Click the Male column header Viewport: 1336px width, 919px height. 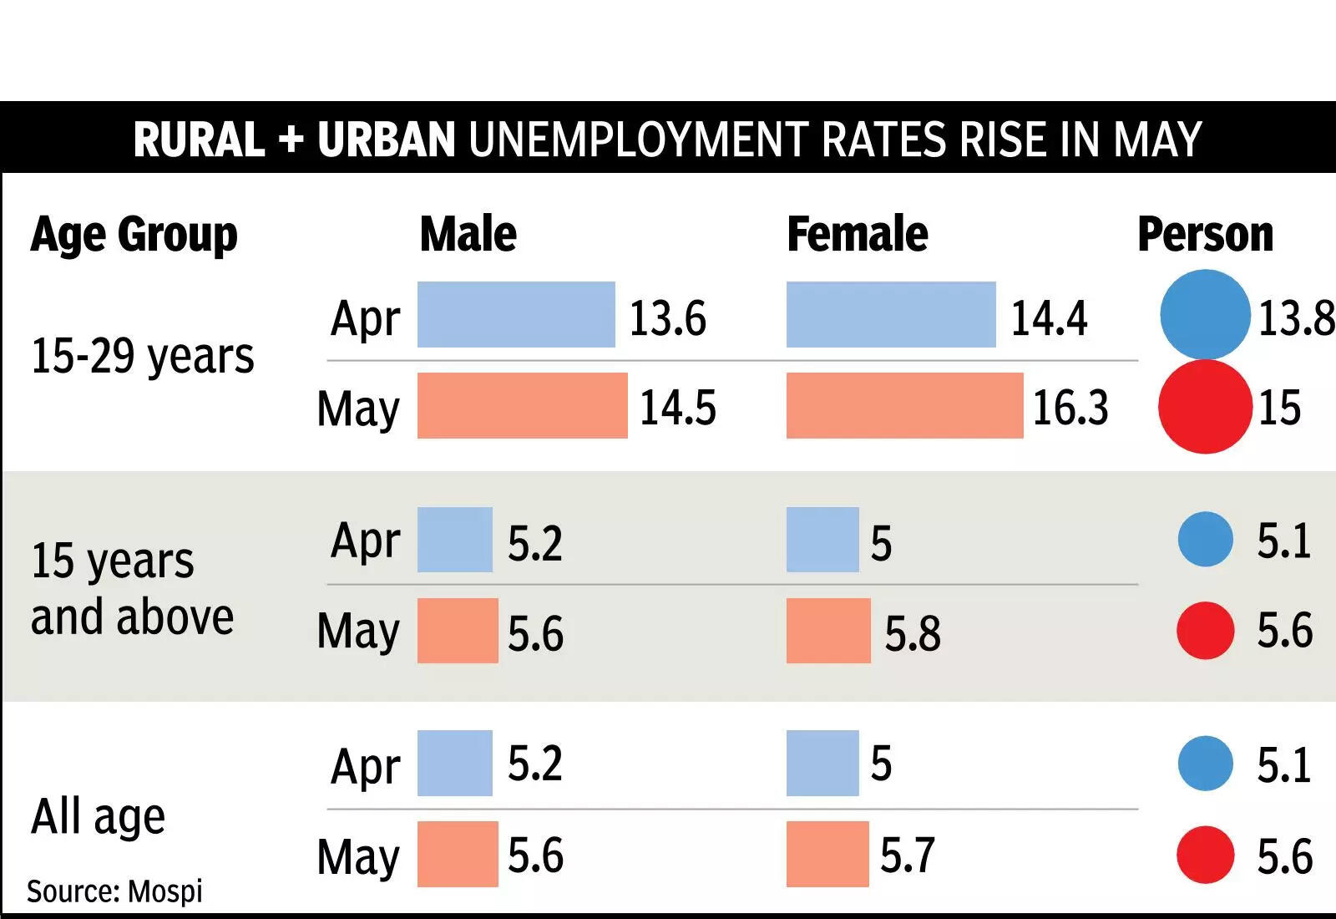(468, 234)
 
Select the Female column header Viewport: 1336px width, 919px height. (857, 234)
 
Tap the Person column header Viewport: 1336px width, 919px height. (1205, 234)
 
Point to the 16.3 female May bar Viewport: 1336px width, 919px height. (903, 405)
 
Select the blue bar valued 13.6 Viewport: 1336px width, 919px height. (515, 315)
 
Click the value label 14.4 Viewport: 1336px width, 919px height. (1049, 318)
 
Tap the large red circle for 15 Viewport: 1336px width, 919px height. (1205, 407)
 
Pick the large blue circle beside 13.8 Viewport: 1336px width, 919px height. (1205, 314)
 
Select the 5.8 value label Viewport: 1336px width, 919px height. (912, 633)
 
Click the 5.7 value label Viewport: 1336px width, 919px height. (907, 856)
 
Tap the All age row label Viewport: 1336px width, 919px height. (98, 816)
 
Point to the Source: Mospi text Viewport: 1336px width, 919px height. (114, 891)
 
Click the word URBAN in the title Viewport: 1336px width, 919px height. (386, 140)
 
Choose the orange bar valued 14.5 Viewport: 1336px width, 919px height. (522, 405)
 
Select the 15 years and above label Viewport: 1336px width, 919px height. (132, 588)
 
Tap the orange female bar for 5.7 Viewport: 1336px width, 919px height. (827, 854)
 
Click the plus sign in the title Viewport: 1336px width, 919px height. (291, 140)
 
